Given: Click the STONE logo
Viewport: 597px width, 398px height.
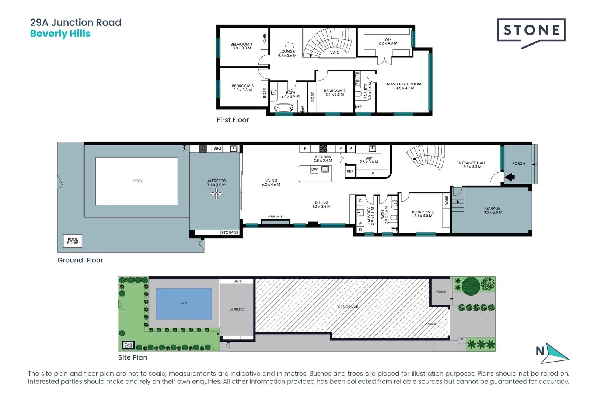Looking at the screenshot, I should [x=531, y=31].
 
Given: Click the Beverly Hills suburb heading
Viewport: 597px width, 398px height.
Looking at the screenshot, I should [x=60, y=34].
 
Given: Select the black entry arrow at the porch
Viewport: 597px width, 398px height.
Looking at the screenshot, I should [x=510, y=177].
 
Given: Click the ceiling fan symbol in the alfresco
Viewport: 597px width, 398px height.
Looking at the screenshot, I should [x=216, y=194].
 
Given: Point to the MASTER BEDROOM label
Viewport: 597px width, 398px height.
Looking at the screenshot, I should [x=404, y=84].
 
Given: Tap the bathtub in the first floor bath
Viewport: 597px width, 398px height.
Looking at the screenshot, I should [x=283, y=108].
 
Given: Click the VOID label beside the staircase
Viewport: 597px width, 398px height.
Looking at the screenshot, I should [x=335, y=53].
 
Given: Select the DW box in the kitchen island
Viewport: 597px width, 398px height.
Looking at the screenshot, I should [x=314, y=170].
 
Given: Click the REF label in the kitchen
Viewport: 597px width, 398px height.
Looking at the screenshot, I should [x=350, y=171].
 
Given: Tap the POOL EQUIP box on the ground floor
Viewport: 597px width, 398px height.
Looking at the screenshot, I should [x=73, y=241].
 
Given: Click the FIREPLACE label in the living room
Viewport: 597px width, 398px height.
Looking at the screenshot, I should [x=275, y=217].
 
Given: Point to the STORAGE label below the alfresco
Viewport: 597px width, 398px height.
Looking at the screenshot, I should [x=230, y=233].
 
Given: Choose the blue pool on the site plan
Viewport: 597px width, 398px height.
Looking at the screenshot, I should [x=184, y=303].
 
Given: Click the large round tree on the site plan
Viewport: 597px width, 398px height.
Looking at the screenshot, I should [x=471, y=286].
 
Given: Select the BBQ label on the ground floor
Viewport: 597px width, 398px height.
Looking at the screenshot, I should [x=217, y=149].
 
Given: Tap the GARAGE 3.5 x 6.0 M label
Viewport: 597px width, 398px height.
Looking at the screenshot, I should [x=493, y=210].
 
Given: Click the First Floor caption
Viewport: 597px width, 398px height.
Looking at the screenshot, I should [x=233, y=120].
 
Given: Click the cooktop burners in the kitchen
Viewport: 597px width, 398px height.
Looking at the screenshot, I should [x=323, y=149].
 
